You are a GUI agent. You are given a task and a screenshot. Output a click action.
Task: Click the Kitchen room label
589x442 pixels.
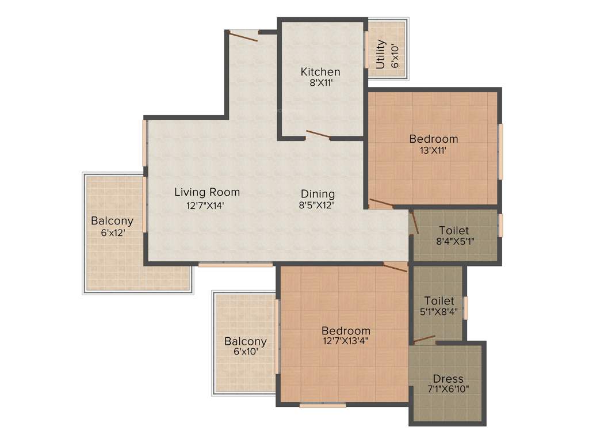320,72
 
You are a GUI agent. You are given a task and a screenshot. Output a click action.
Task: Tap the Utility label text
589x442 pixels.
381,54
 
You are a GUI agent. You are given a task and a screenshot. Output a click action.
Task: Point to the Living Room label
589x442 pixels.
207,192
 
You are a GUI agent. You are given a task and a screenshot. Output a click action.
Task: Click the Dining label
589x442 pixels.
318,194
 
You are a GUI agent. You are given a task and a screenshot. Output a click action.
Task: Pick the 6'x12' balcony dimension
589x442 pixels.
112,233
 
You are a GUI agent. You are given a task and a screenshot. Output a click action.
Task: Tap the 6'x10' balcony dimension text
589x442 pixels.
246,352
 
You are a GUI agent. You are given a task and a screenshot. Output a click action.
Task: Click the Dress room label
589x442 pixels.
448,379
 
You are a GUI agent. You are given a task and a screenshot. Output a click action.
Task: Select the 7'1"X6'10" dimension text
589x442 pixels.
448,389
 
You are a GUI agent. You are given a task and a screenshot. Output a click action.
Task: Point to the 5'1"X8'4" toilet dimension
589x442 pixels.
439,312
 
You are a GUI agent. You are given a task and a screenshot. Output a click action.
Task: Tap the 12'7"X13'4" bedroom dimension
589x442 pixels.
345,341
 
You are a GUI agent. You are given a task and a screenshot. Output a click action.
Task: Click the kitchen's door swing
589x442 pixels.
318,135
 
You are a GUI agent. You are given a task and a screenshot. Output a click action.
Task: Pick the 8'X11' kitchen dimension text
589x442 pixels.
320,83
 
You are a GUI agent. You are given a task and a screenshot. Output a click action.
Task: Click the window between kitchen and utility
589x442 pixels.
366,49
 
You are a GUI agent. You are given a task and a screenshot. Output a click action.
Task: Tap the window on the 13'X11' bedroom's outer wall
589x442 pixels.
500,151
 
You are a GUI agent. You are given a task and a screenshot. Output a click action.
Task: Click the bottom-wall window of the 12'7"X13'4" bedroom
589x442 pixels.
323,405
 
